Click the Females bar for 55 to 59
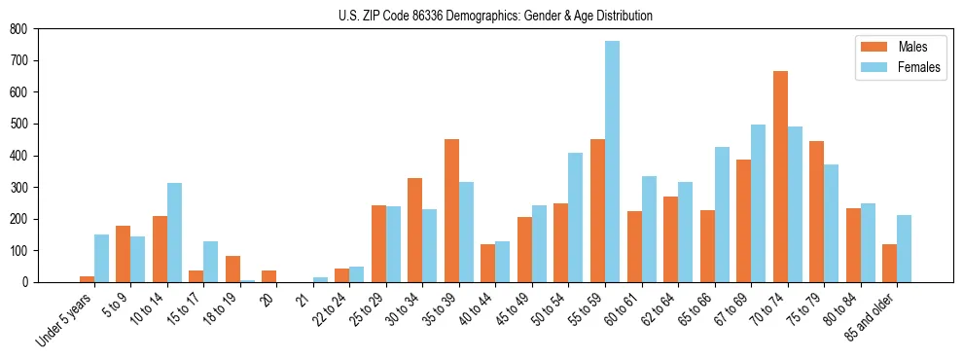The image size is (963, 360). (x=612, y=162)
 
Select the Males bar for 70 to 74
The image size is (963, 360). (x=780, y=176)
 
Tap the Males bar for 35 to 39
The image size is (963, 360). (x=451, y=210)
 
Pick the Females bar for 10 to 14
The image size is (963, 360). (x=174, y=233)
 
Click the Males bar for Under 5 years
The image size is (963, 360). (x=87, y=279)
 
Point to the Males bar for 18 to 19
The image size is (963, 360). (x=232, y=269)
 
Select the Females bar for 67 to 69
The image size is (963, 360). (x=758, y=203)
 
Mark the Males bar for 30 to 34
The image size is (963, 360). (x=415, y=230)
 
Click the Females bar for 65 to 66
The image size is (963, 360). (x=722, y=214)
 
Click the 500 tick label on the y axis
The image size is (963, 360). (x=18, y=124)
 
